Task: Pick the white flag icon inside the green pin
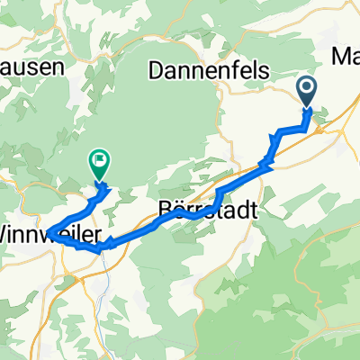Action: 99,162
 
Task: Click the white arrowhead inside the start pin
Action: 307,88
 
